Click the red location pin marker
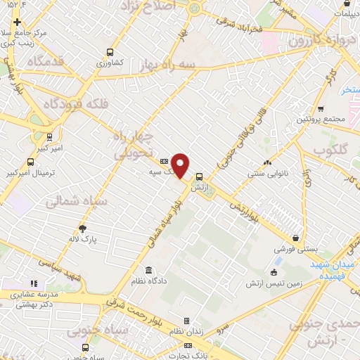(180, 165)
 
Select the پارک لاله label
(82, 239)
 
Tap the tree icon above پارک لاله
(82, 228)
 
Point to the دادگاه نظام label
(148, 281)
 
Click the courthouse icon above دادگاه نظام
(148, 270)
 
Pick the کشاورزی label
(110, 62)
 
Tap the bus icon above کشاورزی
(110, 51)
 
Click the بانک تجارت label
(187, 356)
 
